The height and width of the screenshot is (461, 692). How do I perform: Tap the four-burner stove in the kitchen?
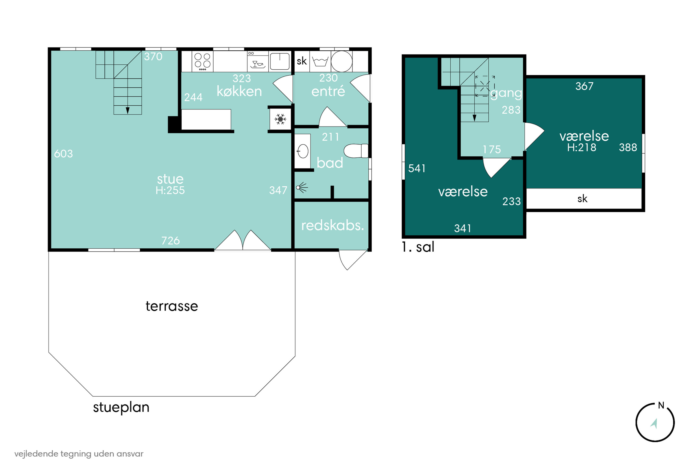[203, 61]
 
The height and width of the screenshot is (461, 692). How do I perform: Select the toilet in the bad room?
[356, 151]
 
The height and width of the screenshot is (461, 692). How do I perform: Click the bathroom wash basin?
[302, 151]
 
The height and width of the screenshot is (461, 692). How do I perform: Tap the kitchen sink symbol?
[280, 61]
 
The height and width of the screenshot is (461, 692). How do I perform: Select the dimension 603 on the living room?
[63, 154]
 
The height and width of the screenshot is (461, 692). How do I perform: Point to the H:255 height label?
[170, 190]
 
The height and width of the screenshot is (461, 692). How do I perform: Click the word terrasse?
[172, 306]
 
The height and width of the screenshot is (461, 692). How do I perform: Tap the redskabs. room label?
[332, 225]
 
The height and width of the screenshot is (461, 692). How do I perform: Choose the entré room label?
[328, 91]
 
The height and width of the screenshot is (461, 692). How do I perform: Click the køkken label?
[239, 91]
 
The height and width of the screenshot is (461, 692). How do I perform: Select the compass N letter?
[661, 405]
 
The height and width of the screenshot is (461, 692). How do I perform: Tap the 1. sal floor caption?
[418, 247]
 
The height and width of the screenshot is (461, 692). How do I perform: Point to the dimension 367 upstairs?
[584, 86]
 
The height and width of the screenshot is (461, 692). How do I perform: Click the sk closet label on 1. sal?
[582, 199]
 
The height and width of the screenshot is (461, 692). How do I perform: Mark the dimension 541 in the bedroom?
[417, 168]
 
